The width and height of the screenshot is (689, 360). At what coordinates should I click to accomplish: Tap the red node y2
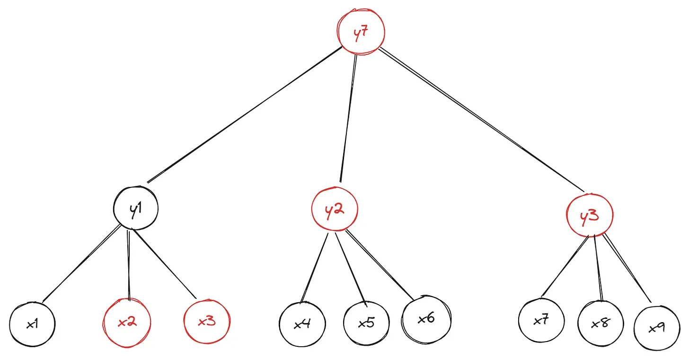coord(335,210)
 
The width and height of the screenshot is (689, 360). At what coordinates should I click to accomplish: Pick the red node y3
coord(589,216)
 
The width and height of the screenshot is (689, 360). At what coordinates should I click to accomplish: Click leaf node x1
coord(32,325)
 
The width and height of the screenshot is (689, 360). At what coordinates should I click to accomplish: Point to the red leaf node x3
coord(206,322)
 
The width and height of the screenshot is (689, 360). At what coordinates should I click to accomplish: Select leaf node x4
coord(302,325)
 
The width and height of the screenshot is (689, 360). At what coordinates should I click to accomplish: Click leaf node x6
coord(426,318)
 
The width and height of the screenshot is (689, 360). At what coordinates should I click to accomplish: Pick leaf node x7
coord(541,320)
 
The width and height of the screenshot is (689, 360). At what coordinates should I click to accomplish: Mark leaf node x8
coord(601,324)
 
